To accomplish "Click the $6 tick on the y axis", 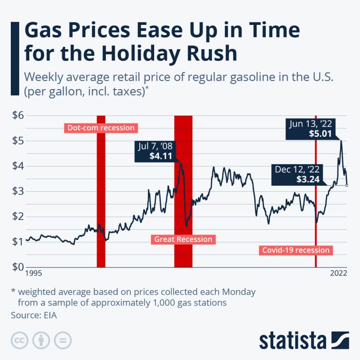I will tap(18, 116).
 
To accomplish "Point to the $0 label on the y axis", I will tap(18, 267).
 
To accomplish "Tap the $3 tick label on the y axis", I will tap(18, 191).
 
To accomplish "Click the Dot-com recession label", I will tap(101, 127).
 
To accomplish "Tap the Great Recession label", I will tap(183, 240).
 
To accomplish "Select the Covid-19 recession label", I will tap(295, 250).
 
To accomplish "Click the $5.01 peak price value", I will tap(321, 134).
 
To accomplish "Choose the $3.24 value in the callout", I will tap(308, 179).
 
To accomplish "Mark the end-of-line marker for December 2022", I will tap(346, 186).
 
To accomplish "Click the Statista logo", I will tap(304, 340).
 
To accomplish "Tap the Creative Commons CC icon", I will tap(19, 340).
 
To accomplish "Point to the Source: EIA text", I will tap(34, 315).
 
